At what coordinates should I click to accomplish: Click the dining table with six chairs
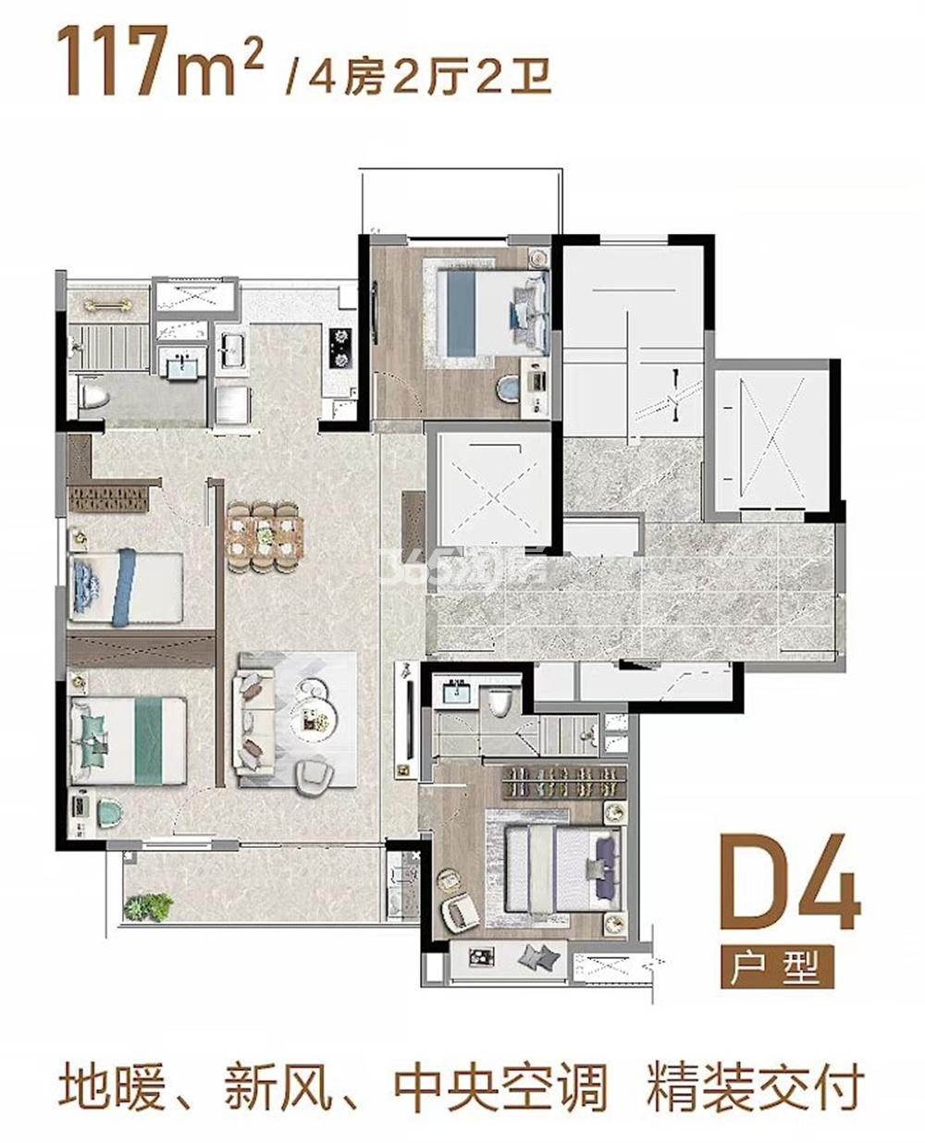tap(265, 535)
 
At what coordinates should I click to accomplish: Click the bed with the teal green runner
tap(129, 741)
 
